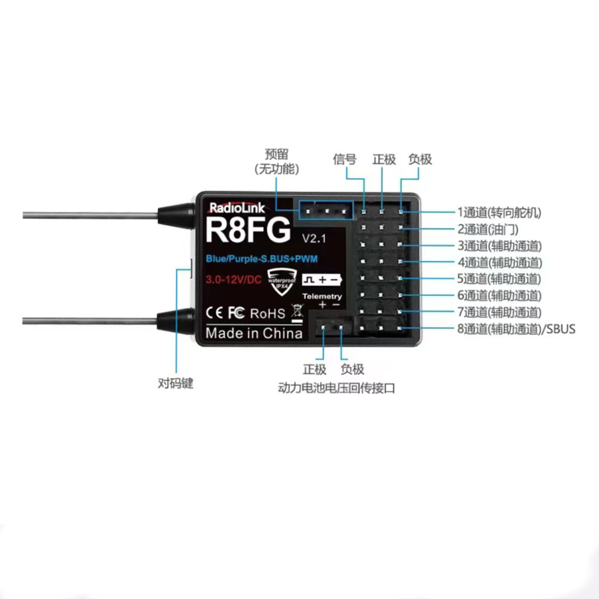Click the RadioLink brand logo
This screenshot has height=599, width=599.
tap(233, 207)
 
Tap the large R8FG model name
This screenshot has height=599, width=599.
tap(248, 230)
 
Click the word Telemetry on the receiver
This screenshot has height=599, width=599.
tap(322, 296)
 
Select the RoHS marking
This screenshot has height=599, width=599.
tap(268, 313)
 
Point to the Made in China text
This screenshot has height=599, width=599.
tap(254, 333)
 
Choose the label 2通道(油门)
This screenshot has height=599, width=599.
tap(488, 229)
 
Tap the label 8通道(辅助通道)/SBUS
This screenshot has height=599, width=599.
tap(516, 329)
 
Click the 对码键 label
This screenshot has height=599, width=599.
tap(175, 384)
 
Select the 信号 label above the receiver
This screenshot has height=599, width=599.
tap(345, 159)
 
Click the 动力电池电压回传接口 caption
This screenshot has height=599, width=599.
tap(336, 388)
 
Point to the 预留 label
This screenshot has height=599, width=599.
tap(277, 155)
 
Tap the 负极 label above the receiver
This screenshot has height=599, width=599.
tap(420, 159)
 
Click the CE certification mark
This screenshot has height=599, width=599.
tap(213, 313)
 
